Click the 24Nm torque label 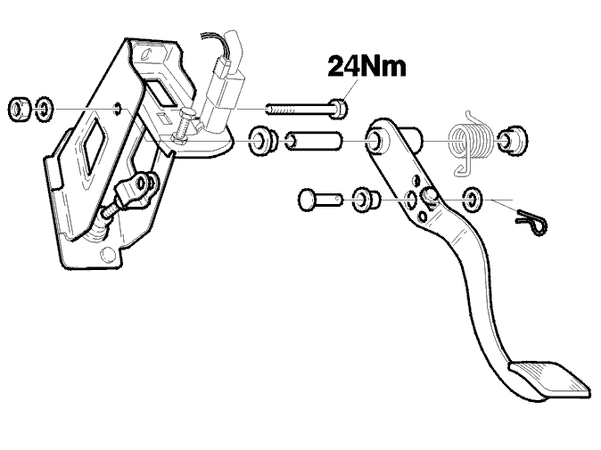[x=366, y=66]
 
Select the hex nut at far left [x=19, y=109]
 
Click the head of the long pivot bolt [x=339, y=108]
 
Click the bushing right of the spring [x=512, y=141]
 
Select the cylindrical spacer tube [x=314, y=141]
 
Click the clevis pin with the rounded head [x=320, y=199]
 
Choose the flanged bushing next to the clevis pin [x=366, y=200]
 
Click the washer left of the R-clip [x=473, y=199]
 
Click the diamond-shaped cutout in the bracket [x=93, y=142]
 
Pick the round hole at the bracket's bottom [x=108, y=254]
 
